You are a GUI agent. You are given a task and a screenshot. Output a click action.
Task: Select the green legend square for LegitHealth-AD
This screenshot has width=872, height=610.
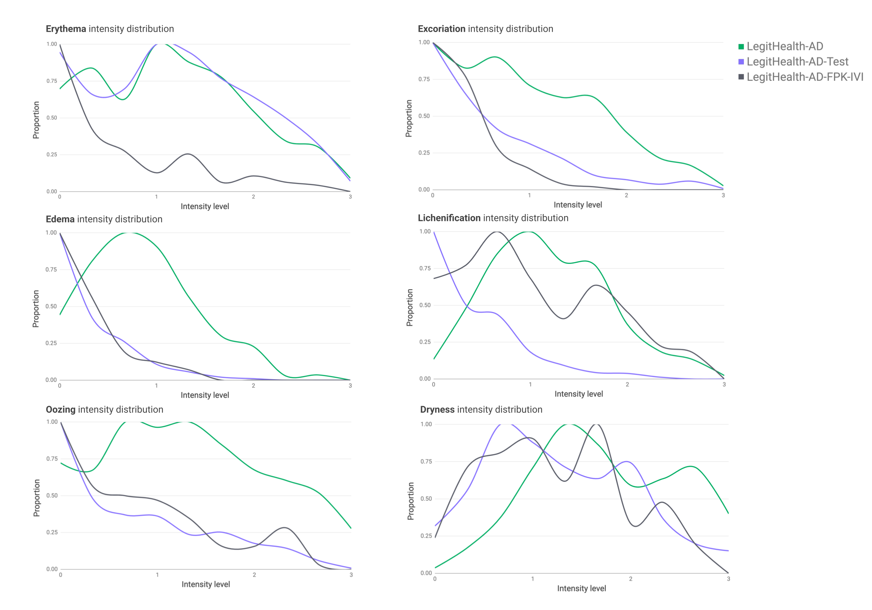click(x=741, y=47)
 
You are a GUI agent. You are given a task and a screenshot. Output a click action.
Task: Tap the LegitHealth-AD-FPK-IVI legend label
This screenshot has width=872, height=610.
click(x=805, y=77)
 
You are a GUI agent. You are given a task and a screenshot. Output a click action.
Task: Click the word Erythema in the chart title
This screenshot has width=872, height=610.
click(x=66, y=29)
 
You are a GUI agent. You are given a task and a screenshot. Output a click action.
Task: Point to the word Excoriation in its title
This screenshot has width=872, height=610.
click(x=441, y=29)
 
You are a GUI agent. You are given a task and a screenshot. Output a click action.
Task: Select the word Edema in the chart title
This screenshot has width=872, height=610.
click(x=60, y=219)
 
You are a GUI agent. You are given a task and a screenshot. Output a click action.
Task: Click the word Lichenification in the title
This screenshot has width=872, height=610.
click(x=449, y=218)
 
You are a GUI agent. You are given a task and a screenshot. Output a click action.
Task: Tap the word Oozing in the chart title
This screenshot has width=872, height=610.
click(x=60, y=410)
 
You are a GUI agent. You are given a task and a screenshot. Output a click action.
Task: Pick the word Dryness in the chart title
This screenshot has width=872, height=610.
click(x=437, y=410)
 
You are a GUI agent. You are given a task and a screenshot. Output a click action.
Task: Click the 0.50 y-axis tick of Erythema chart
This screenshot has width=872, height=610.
click(x=52, y=118)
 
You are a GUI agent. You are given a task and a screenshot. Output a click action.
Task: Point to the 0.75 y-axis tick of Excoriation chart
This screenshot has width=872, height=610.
click(x=424, y=79)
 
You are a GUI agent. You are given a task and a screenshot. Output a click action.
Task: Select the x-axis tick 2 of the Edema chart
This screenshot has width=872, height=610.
click(x=253, y=386)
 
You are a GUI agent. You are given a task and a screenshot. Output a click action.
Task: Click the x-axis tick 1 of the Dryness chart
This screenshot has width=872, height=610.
click(x=533, y=579)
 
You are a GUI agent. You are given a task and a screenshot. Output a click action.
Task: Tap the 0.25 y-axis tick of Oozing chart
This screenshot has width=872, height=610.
click(x=52, y=532)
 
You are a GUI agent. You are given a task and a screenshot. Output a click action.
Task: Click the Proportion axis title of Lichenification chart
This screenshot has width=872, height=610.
click(x=409, y=307)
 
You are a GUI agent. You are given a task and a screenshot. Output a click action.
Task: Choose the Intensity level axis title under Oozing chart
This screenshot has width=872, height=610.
click(x=205, y=584)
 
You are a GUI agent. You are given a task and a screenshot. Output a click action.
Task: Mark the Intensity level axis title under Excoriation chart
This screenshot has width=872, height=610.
click(x=578, y=205)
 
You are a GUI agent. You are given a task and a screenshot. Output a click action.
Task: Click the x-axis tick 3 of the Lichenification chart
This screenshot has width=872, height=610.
click(x=724, y=384)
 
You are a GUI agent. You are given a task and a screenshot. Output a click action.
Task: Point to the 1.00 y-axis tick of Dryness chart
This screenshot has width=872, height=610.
click(x=426, y=424)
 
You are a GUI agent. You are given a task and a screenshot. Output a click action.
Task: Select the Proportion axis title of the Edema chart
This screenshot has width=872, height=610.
click(x=36, y=308)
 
